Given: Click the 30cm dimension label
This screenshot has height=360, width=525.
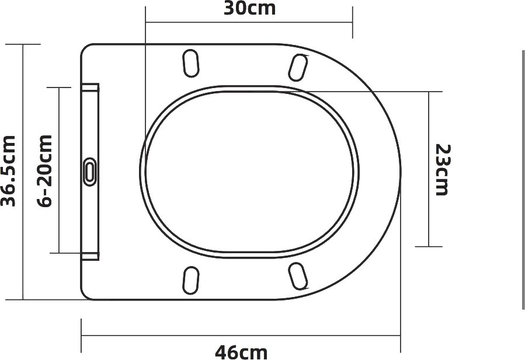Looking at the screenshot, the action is tap(249, 9).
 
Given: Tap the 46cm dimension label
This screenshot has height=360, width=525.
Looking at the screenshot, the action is tap(241, 352).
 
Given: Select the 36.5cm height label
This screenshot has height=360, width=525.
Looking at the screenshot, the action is tap(9, 171).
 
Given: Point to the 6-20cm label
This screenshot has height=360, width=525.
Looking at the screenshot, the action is tap(45, 171).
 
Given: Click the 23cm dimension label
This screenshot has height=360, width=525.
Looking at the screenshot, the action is tap(443, 170).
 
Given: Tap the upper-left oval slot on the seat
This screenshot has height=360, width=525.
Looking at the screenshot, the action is tap(191, 63).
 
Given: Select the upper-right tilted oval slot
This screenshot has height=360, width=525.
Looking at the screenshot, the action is tap(298, 68).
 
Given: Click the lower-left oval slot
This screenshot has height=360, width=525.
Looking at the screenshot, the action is tap(191, 281).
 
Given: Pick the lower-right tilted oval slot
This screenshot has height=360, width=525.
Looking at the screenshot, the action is tap(298, 277).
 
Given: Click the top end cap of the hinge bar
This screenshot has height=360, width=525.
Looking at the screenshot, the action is tap(90, 88).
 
